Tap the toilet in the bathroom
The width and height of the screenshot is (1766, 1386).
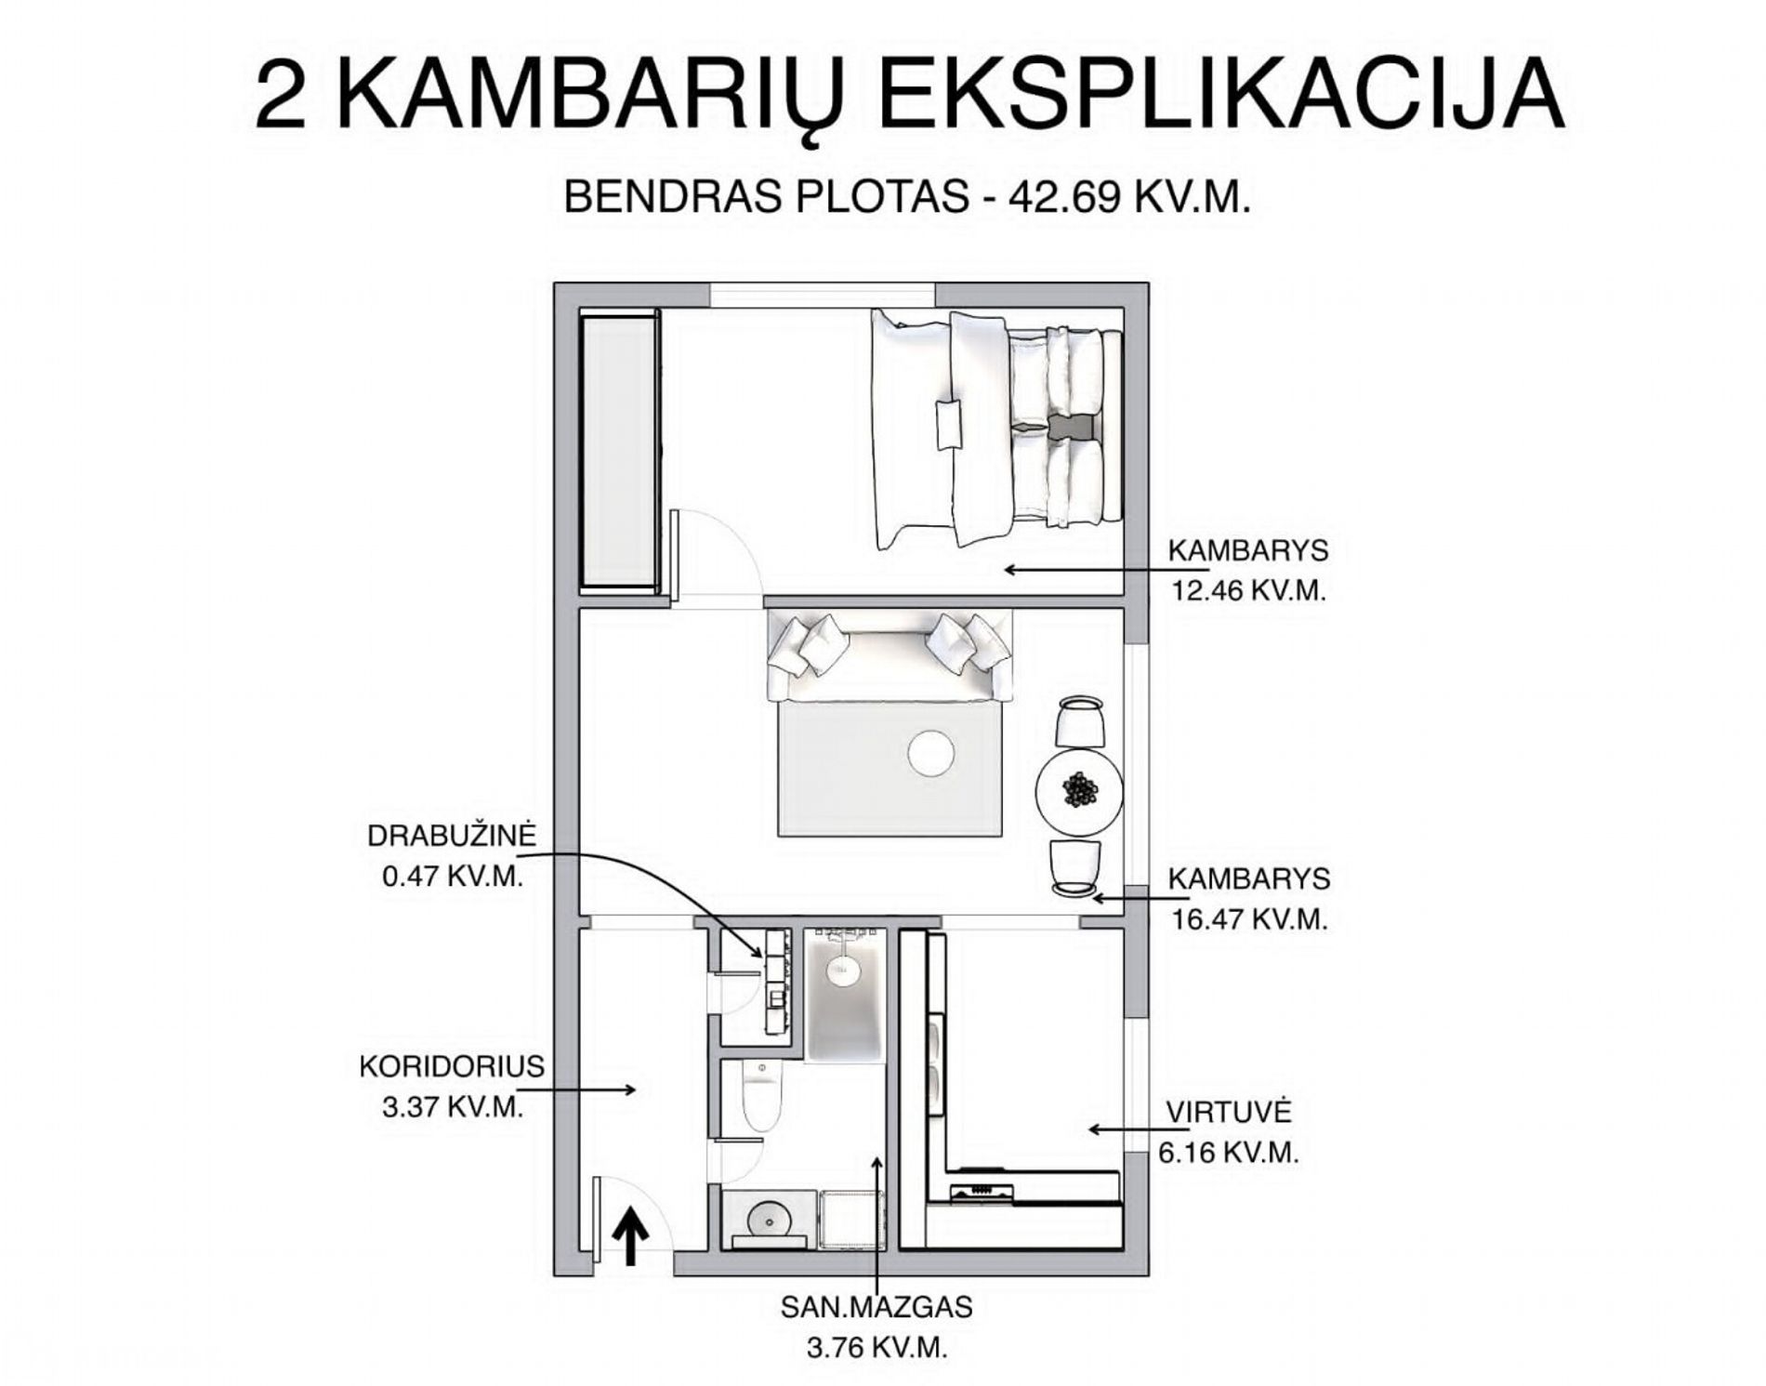click(761, 1097)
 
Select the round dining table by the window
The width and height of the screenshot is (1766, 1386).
click(1079, 792)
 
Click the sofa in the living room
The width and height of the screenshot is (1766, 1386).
click(890, 655)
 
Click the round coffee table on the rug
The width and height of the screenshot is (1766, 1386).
click(931, 754)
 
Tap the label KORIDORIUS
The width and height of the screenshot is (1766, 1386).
click(452, 1066)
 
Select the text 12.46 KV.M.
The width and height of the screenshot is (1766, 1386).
click(1247, 591)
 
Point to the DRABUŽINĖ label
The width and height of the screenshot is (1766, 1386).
click(452, 834)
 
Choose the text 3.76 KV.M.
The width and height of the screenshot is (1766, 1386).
click(876, 1349)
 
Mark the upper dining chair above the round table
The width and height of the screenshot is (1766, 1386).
click(1081, 721)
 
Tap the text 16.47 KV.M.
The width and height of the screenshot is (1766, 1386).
click(1247, 919)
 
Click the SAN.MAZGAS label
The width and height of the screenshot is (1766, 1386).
click(876, 1307)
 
